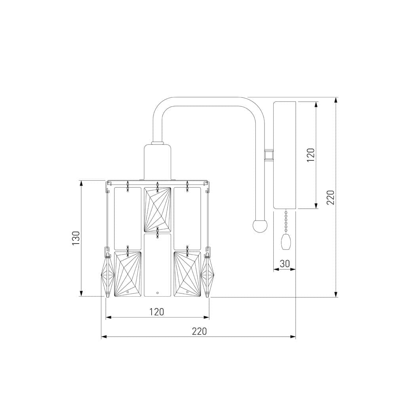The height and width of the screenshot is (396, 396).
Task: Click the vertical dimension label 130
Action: click(76, 238)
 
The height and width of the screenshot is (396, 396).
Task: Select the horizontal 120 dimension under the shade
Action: click(157, 312)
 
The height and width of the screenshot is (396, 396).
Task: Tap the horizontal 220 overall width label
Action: click(199, 331)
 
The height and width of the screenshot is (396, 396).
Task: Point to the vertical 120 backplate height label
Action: click(311, 155)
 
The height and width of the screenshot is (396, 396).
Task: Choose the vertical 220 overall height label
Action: click(331, 197)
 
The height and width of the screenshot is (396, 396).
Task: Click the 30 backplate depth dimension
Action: click(285, 263)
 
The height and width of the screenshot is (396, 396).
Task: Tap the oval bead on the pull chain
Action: click(285, 242)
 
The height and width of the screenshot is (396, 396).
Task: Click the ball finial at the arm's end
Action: click(260, 226)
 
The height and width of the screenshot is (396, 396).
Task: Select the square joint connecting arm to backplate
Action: click(269, 154)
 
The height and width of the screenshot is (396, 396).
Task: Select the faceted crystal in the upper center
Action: click(158, 209)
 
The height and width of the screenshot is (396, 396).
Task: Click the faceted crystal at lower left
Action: click(128, 274)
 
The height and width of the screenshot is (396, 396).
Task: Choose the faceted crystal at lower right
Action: click(187, 274)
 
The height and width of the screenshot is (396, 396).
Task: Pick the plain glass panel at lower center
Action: click(158, 265)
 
